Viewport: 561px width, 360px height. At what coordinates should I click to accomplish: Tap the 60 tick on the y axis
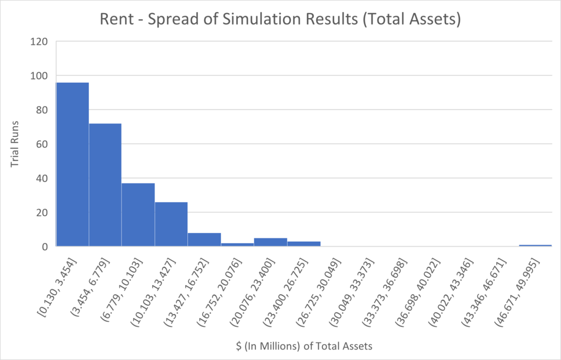[42, 144]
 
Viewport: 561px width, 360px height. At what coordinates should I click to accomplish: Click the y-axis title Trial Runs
[18, 144]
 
